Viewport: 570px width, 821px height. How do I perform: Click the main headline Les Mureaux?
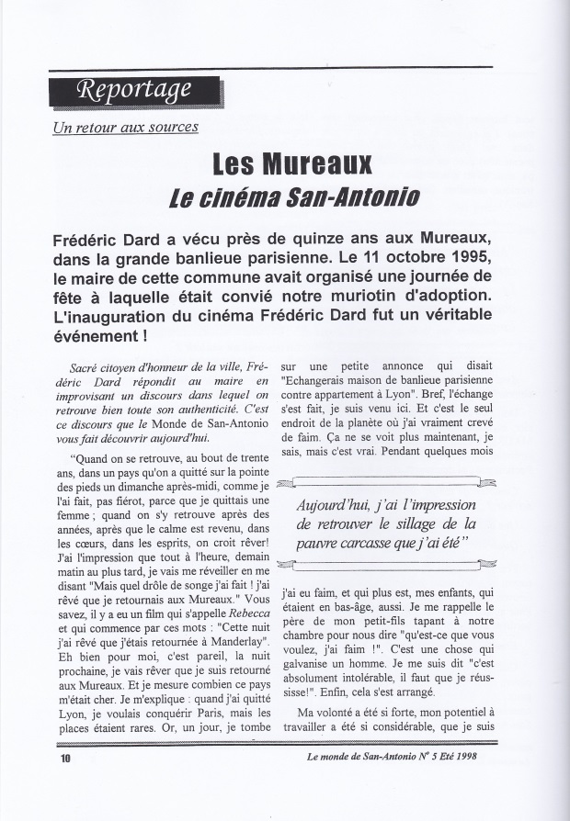pyautogui.click(x=292, y=164)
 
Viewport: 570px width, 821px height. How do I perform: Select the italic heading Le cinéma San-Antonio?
pyautogui.click(x=292, y=197)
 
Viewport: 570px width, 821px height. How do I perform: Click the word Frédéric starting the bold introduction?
pyautogui.click(x=91, y=236)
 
